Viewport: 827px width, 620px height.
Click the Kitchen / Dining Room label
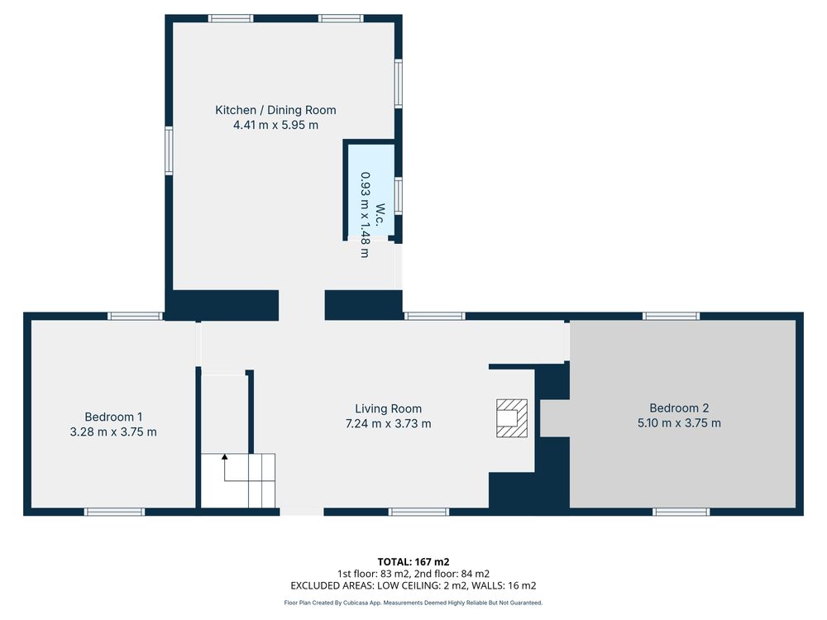(275, 110)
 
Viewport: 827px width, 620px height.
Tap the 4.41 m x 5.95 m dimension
(276, 125)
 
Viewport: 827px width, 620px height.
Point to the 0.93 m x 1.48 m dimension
(365, 215)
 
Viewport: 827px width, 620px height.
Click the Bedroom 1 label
(113, 417)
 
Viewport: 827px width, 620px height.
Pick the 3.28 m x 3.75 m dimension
(113, 432)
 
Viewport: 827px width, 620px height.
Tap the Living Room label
(388, 408)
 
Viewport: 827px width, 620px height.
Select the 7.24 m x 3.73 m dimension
(388, 423)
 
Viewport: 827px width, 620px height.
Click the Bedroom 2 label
(679, 408)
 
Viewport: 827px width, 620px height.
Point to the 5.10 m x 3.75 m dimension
(679, 422)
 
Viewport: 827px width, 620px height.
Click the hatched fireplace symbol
(512, 418)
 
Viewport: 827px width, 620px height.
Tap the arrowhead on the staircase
(225, 456)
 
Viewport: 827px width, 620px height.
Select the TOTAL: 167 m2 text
(413, 562)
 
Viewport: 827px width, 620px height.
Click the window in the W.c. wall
(399, 196)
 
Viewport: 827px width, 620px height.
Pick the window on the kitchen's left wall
(169, 150)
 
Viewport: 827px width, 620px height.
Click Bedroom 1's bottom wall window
(114, 512)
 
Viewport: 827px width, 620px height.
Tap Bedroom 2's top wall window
(671, 317)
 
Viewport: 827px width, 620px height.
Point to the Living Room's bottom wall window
(418, 512)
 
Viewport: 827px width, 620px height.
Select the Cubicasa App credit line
(413, 603)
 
